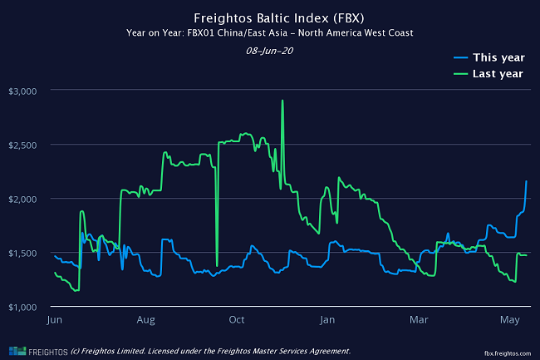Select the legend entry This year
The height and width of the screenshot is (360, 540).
(x=497, y=57)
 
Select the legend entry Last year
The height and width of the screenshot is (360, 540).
(x=497, y=74)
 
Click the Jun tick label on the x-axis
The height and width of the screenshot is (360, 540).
(x=56, y=320)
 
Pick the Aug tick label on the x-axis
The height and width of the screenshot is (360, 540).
(x=146, y=320)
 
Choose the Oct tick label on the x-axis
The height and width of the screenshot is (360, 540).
(x=237, y=320)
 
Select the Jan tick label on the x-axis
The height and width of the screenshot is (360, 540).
(x=327, y=320)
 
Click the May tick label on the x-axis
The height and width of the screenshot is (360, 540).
(x=510, y=320)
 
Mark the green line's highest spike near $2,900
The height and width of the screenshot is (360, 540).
(x=282, y=101)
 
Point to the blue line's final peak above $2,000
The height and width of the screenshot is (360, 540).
(x=526, y=181)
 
